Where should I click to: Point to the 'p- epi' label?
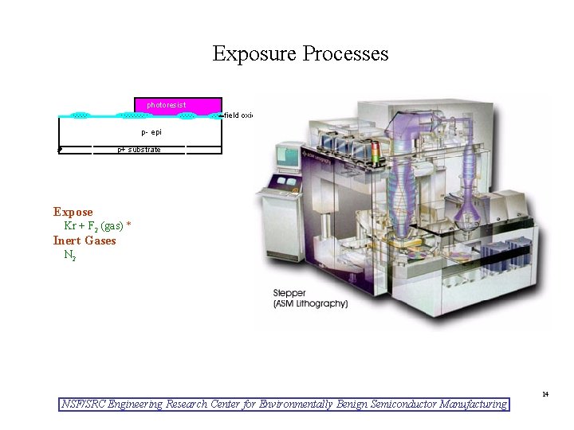[151, 132]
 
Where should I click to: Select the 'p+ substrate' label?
[139, 150]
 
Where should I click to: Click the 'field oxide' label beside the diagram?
[238, 115]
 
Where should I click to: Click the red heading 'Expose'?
[73, 212]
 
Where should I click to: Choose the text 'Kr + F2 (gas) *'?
[97, 226]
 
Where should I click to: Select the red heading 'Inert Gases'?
[85, 240]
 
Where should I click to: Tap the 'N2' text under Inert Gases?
[70, 255]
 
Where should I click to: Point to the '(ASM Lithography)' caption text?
[310, 303]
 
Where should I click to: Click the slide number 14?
[545, 394]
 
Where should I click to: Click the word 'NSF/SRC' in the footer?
[84, 405]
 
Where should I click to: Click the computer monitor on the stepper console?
[287, 157]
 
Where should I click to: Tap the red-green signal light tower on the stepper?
[377, 156]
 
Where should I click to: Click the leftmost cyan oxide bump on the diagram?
[80, 115]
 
